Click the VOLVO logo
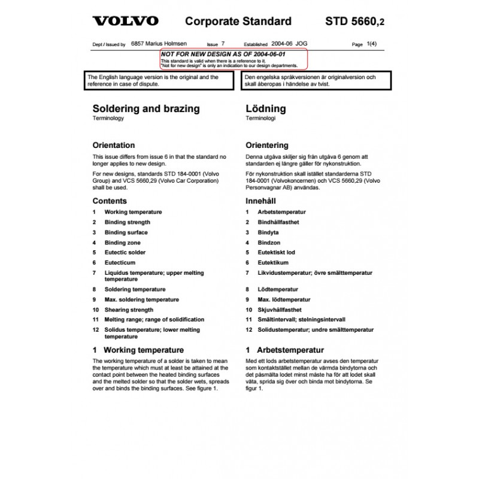tap(125, 21)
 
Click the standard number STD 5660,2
tap(355, 22)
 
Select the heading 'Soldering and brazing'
tap(146, 109)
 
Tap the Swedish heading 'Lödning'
tap(266, 109)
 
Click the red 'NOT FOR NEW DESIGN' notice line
tap(202, 53)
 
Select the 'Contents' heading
tap(110, 201)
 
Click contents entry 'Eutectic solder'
tap(125, 253)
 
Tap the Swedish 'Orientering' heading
tap(267, 145)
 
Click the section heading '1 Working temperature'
tap(138, 350)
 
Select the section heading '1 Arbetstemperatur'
tap(285, 350)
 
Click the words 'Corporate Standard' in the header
tap(238, 22)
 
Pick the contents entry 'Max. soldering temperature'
tap(142, 299)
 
